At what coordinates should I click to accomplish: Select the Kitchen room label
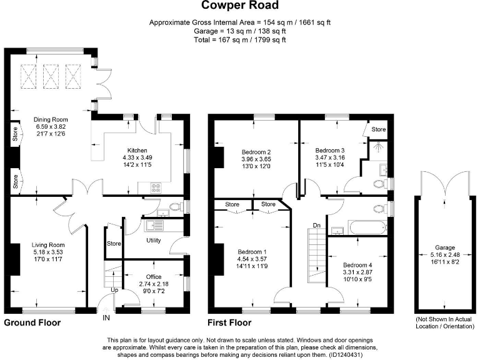[137, 151]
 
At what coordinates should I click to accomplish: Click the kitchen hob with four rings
[156, 187]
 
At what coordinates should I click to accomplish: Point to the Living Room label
[48, 244]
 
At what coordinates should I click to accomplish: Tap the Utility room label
[154, 240]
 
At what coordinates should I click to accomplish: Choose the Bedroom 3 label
[329, 151]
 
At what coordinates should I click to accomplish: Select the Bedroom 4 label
[357, 264]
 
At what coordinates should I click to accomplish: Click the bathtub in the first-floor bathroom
[359, 229]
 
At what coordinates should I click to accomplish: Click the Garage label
[446, 247]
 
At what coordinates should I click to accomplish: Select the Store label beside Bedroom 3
[379, 129]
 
